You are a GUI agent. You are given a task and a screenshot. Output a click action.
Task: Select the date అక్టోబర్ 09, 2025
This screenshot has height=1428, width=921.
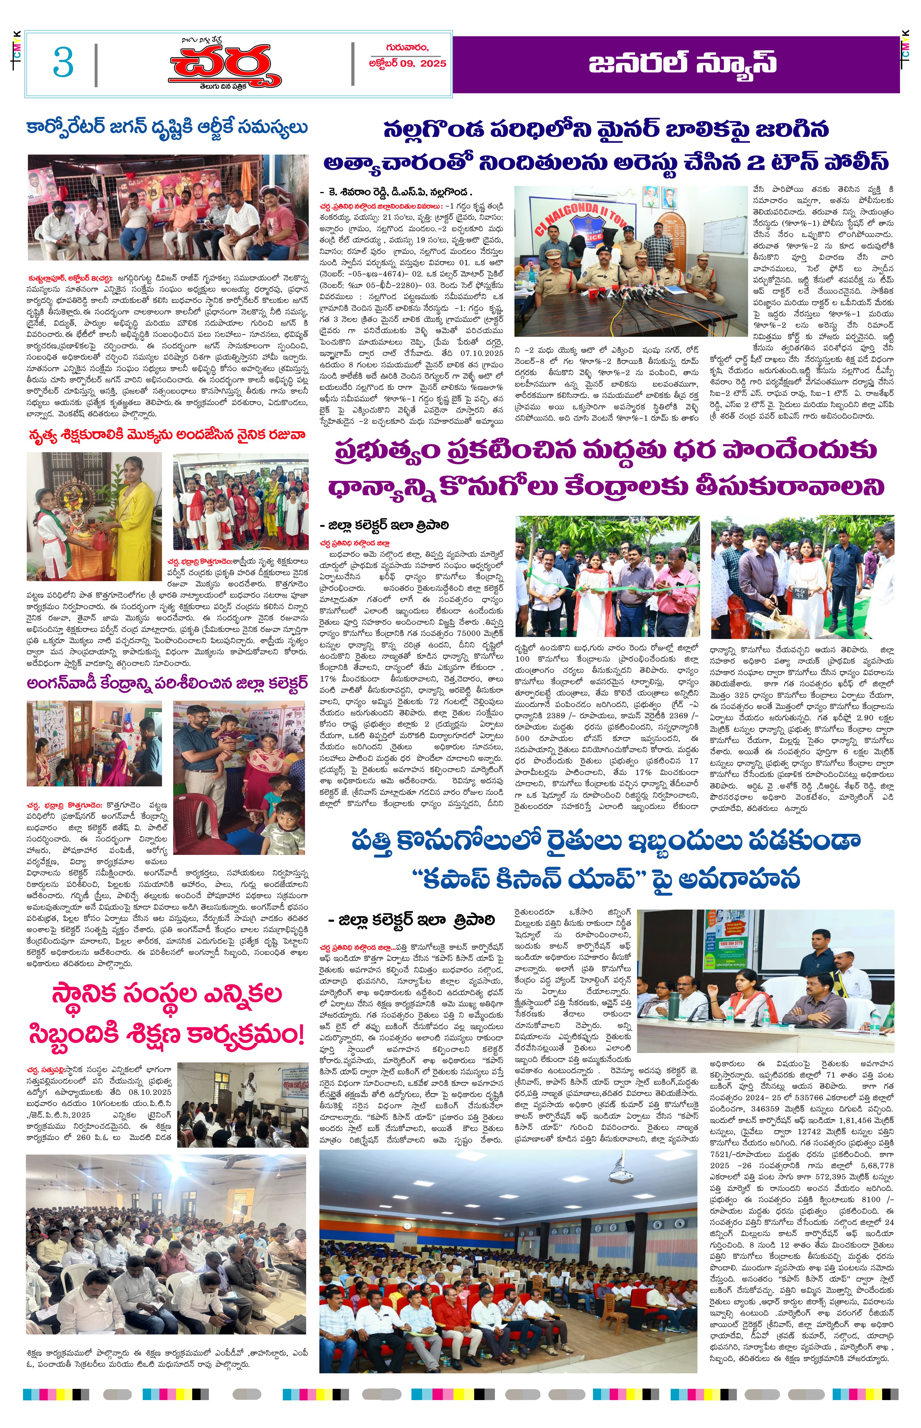(407, 63)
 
